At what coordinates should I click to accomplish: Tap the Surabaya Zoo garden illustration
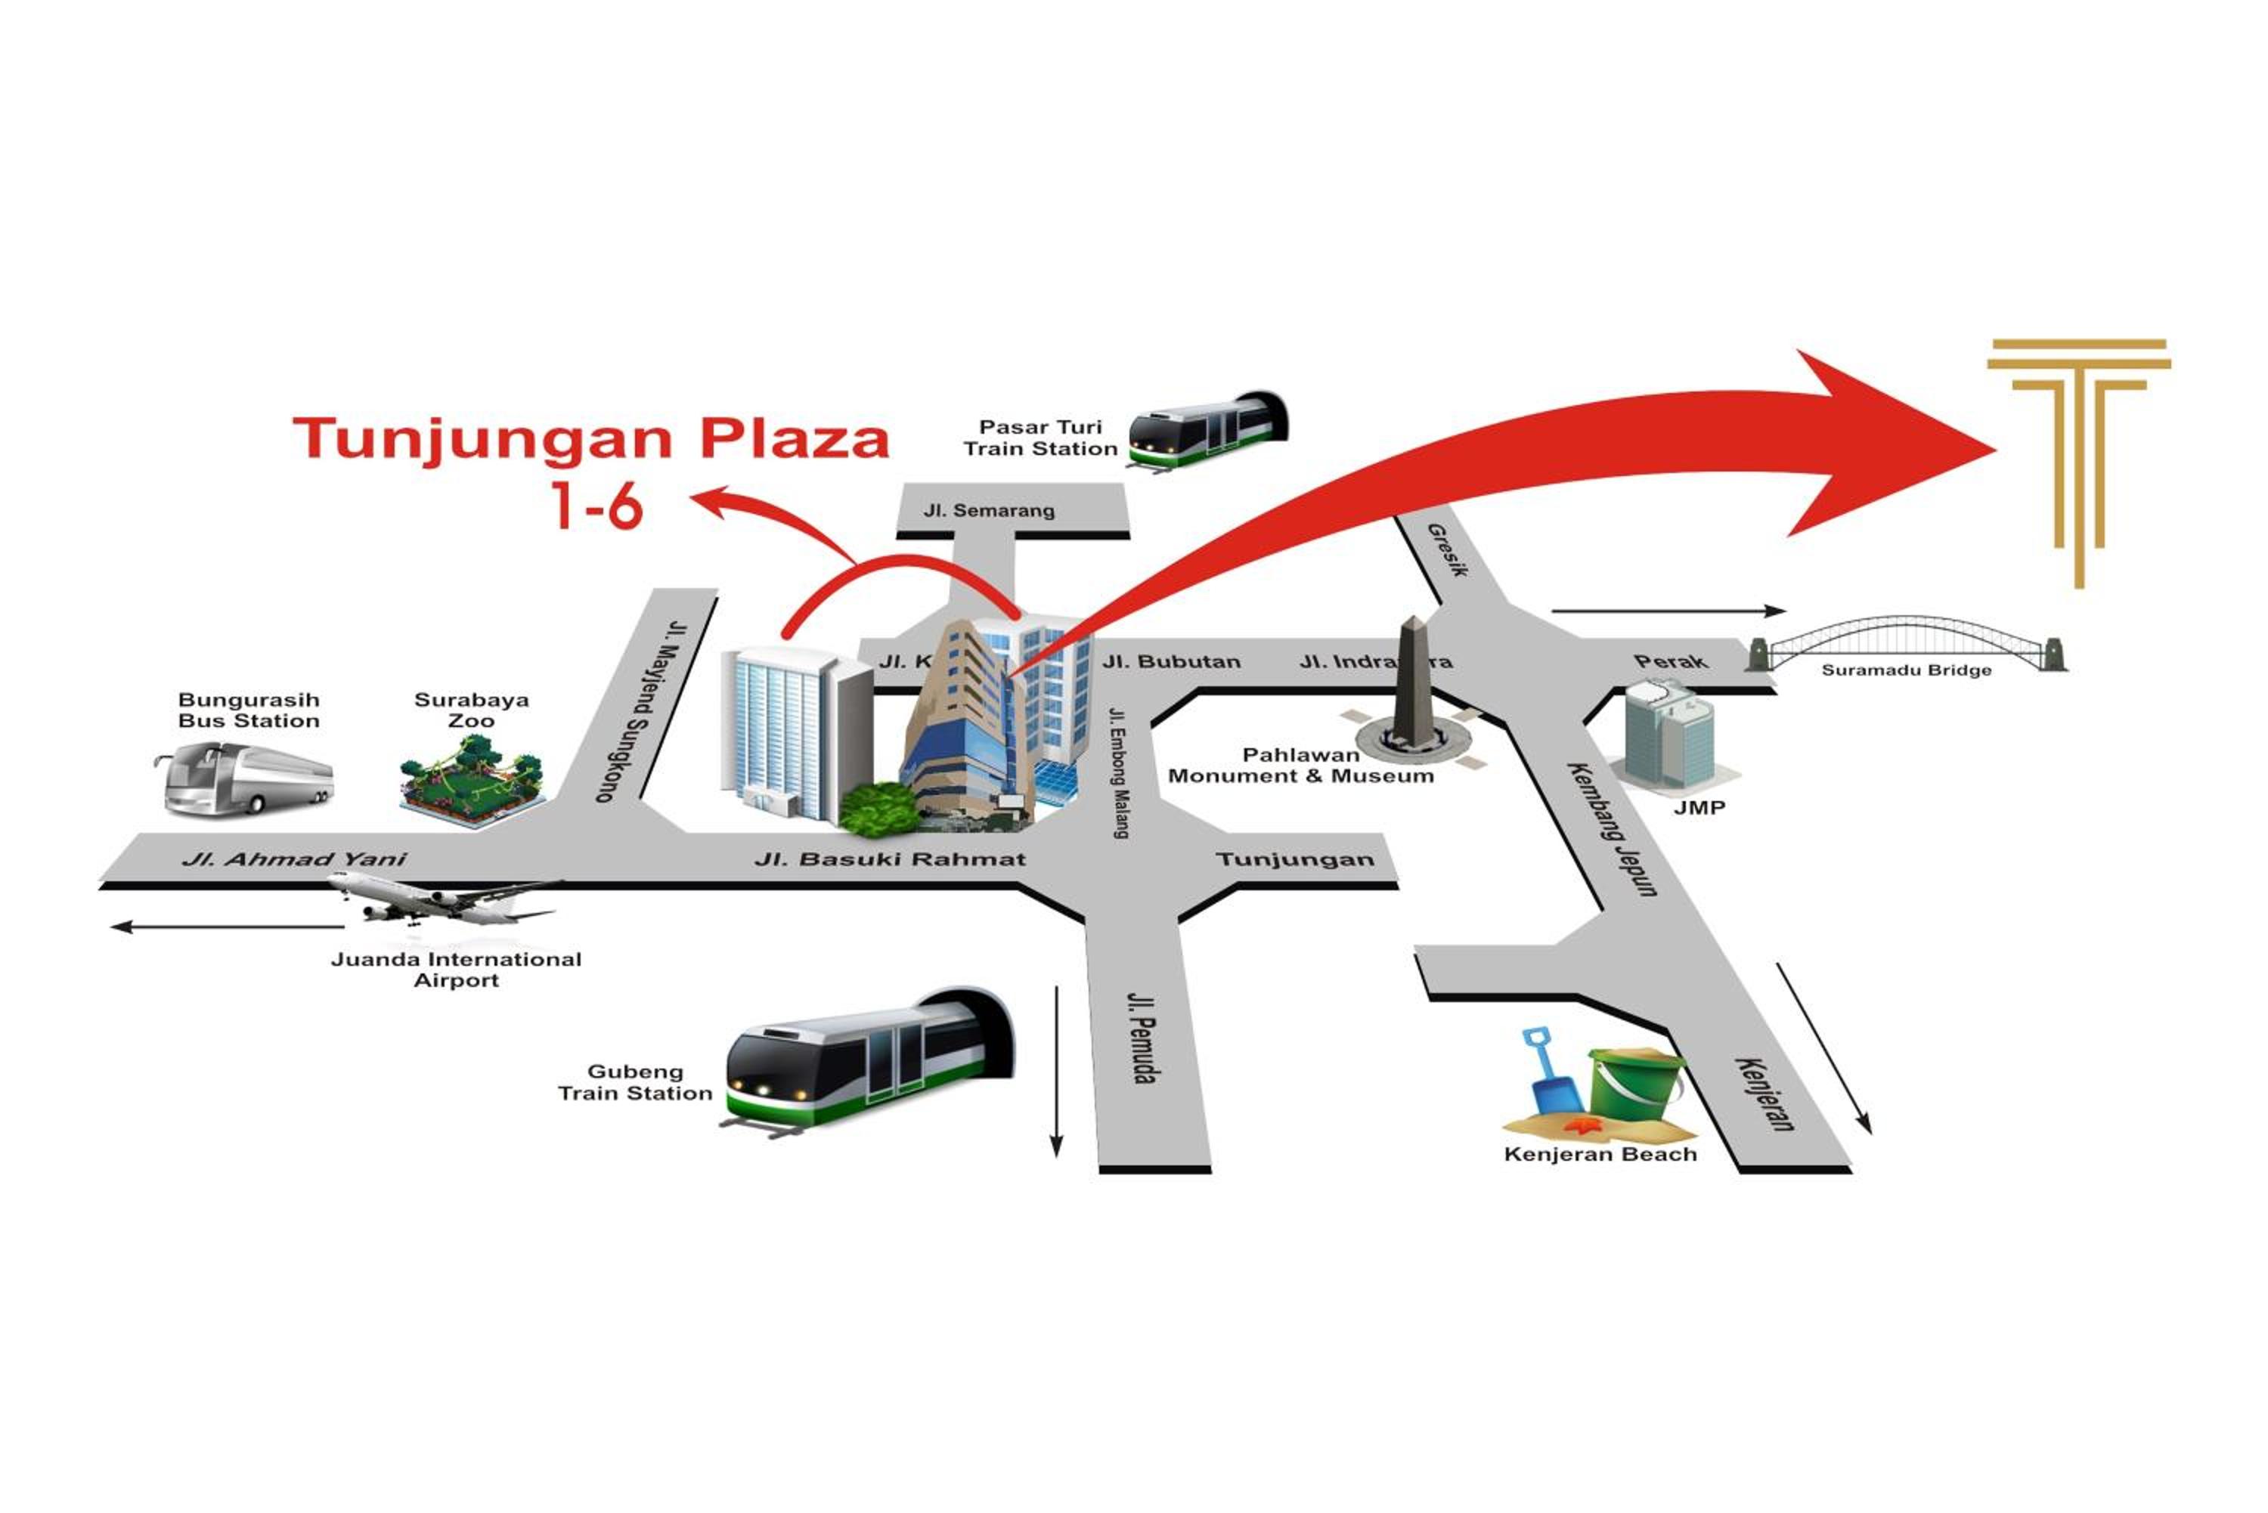(472, 781)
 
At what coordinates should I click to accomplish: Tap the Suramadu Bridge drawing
(1905, 644)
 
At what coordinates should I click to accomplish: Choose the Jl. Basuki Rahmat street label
(890, 859)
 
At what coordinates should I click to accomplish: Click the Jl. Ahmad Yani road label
(294, 859)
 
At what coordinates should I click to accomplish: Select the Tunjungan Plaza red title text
(590, 440)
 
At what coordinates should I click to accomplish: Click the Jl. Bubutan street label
(1171, 662)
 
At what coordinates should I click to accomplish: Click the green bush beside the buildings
(878, 809)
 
